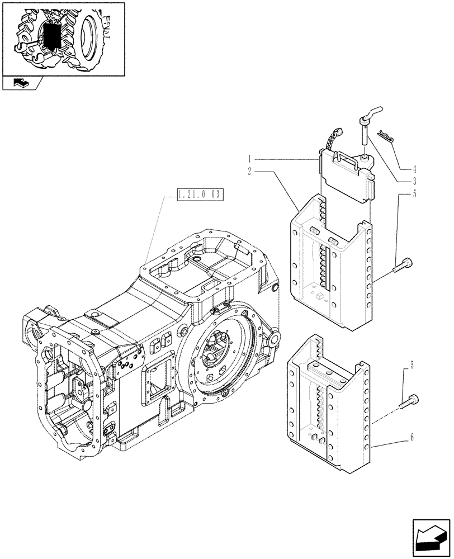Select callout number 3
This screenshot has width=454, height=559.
pos(414,181)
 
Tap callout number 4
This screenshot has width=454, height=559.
pos(414,168)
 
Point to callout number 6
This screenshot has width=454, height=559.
pos(412,438)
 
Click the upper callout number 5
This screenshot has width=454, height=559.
pos(414,194)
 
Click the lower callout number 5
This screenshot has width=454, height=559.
pos(412,366)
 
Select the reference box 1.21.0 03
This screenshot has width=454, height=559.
pos(199,195)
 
